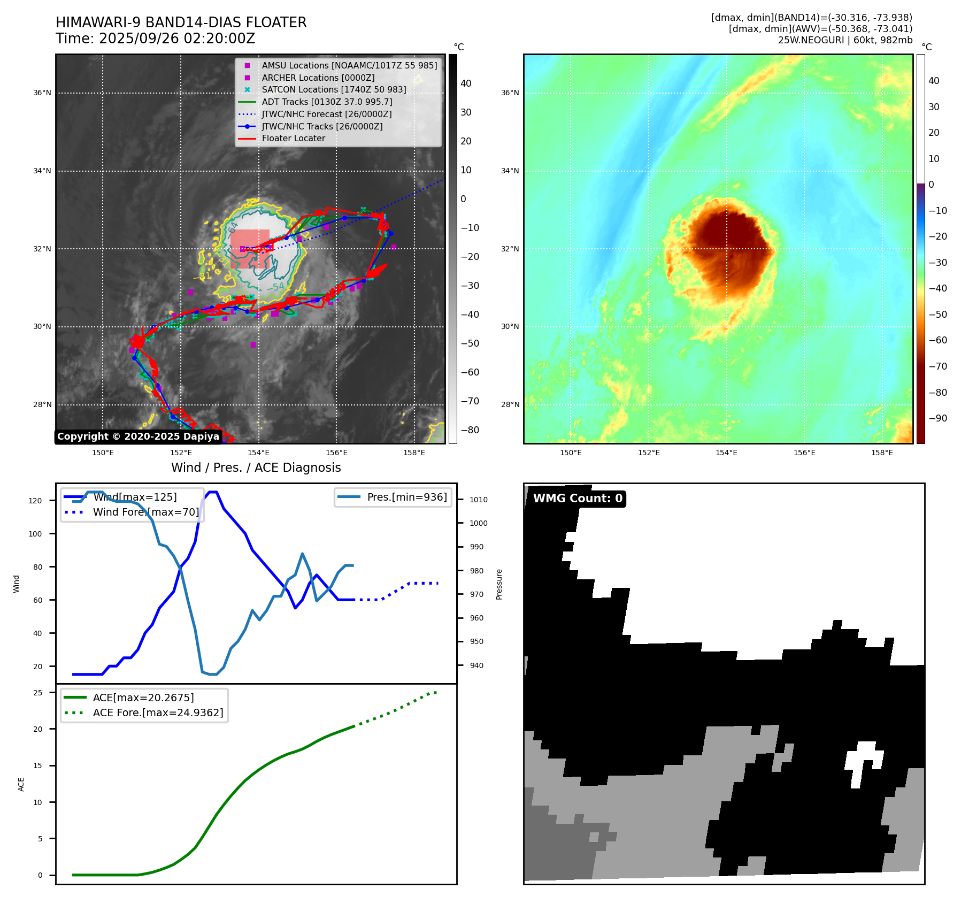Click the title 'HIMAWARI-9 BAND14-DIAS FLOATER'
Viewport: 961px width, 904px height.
pyautogui.click(x=181, y=22)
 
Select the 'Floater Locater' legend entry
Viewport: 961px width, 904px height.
pyautogui.click(x=293, y=138)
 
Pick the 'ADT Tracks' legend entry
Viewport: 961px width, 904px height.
pyautogui.click(x=327, y=102)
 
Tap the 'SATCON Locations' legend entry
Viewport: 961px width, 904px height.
pyautogui.click(x=334, y=89)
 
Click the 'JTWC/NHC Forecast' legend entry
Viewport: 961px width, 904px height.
pyautogui.click(x=326, y=114)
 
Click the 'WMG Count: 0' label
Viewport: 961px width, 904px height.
pyautogui.click(x=578, y=499)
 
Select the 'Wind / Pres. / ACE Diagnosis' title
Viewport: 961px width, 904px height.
pyautogui.click(x=256, y=468)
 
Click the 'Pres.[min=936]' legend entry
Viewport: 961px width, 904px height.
pyautogui.click(x=406, y=497)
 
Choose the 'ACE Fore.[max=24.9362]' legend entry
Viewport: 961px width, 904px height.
pyautogui.click(x=158, y=713)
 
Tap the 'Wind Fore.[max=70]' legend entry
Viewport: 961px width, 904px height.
pyautogui.click(x=145, y=512)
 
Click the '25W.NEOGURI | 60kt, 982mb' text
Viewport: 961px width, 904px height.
pyautogui.click(x=845, y=40)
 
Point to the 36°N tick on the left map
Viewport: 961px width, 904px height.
pyautogui.click(x=42, y=93)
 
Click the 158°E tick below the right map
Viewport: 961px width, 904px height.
pyautogui.click(x=882, y=453)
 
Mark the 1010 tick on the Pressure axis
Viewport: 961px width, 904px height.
pyautogui.click(x=479, y=500)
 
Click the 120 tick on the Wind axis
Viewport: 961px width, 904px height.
pyautogui.click(x=35, y=501)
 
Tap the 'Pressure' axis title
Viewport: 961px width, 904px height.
pyautogui.click(x=499, y=584)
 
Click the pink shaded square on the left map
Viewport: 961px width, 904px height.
pyautogui.click(x=250, y=249)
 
